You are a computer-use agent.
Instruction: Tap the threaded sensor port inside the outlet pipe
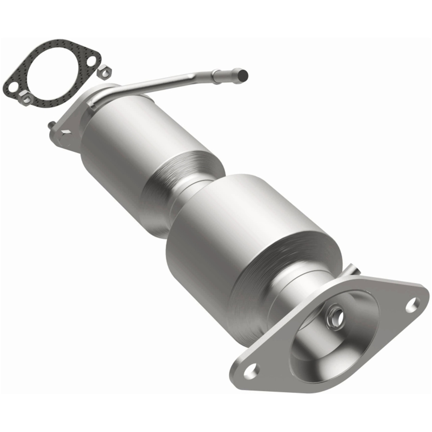[x=336, y=312]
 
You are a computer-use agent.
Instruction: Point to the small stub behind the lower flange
[x=352, y=271]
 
